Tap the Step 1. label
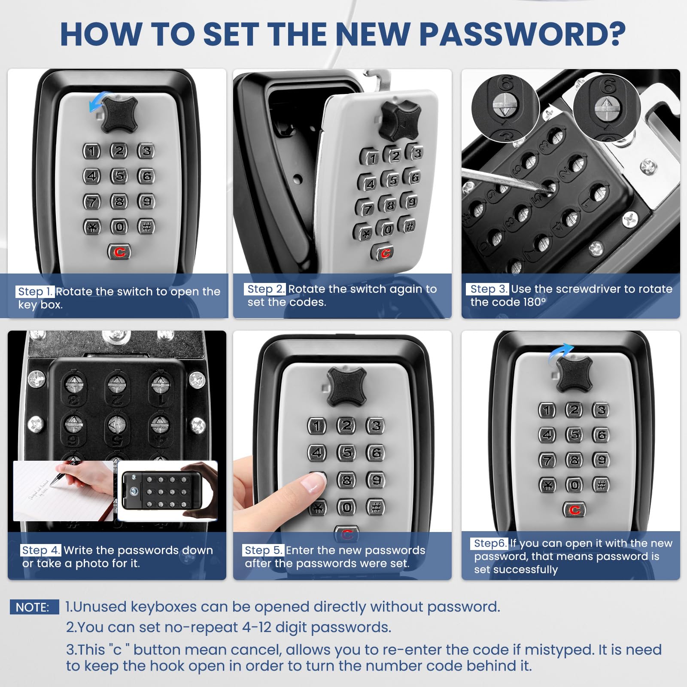35,292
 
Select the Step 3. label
488,289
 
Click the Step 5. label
263,550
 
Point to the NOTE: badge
34,607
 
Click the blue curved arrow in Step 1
98,101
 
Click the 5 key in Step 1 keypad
119,176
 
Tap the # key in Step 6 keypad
601,485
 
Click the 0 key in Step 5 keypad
347,508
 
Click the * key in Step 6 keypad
547,486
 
